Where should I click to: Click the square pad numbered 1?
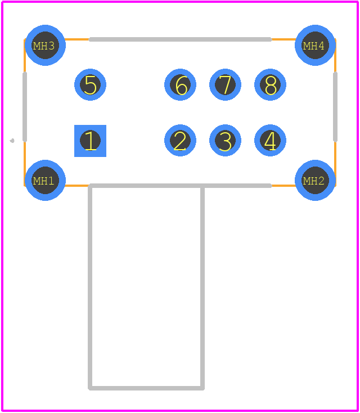click(x=90, y=141)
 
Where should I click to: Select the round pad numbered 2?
click(x=180, y=141)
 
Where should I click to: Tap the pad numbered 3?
click(x=225, y=141)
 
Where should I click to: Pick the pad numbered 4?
click(x=270, y=141)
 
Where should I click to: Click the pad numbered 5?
click(x=90, y=84)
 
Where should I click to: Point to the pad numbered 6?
click(x=180, y=84)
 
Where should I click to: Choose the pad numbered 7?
click(x=225, y=84)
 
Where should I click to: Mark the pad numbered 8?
click(x=270, y=84)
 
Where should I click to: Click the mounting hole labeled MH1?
click(x=45, y=180)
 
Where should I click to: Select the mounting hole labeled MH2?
click(x=315, y=180)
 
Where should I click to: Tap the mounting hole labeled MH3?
click(x=45, y=46)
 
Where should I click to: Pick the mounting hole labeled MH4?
click(x=315, y=46)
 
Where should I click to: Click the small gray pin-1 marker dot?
click(x=12, y=141)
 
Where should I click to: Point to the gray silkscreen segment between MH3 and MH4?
click(x=180, y=39)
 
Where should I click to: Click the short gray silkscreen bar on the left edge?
click(x=25, y=107)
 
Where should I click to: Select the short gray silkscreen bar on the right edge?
click(x=335, y=107)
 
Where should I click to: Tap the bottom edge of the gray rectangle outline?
click(x=146, y=388)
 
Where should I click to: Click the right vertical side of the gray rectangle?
click(x=202, y=287)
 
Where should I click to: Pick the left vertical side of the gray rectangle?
click(x=90, y=287)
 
